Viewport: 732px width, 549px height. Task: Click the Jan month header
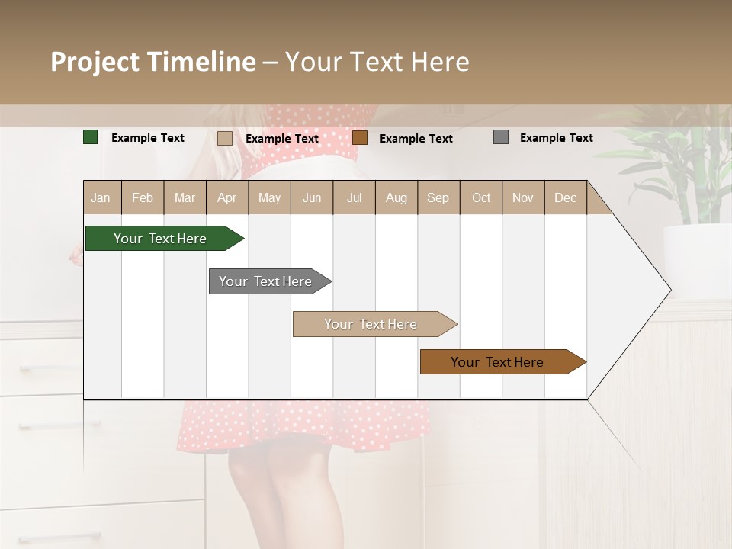tap(101, 198)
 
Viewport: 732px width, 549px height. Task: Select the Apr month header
tap(227, 198)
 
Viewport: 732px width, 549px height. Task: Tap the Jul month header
tap(354, 198)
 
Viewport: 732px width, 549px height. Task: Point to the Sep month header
tap(438, 198)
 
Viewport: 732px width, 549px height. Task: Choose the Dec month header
tap(565, 198)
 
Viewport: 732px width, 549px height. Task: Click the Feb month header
tap(143, 198)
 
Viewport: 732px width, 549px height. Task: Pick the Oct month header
tap(481, 198)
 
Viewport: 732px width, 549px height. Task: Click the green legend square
tap(91, 137)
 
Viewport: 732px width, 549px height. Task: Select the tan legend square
tap(224, 138)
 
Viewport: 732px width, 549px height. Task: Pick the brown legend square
tap(360, 137)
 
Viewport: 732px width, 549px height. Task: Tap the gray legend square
tap(501, 137)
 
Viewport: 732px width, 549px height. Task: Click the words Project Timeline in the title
tap(153, 62)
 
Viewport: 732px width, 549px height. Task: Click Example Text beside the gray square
tap(557, 138)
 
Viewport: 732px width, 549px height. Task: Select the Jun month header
tap(312, 198)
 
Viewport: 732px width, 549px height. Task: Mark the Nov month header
tap(523, 198)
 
